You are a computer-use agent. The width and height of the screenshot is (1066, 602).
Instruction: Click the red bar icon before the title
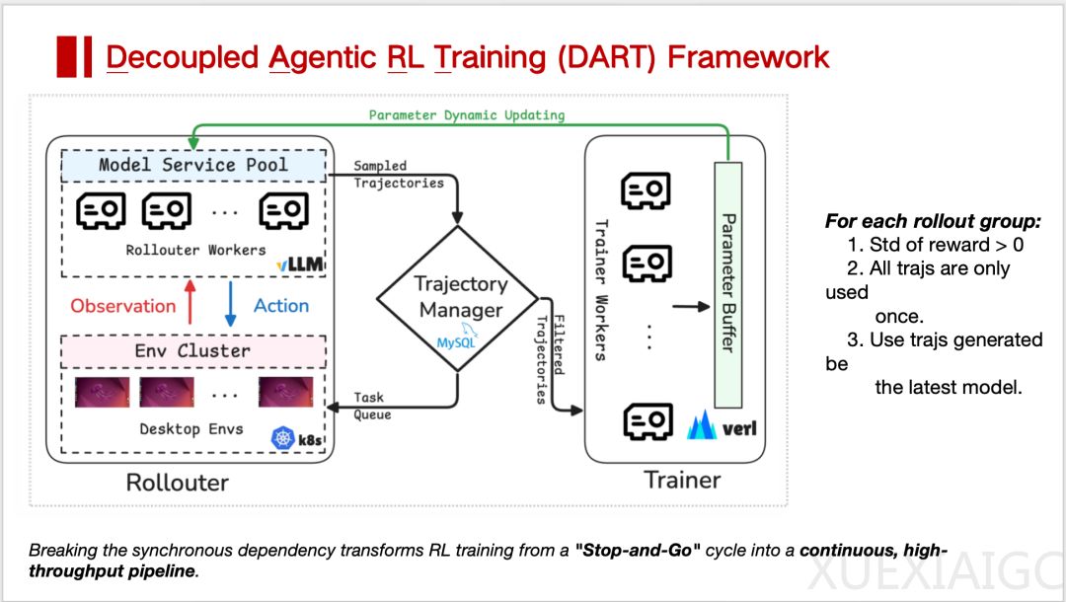pyautogui.click(x=74, y=56)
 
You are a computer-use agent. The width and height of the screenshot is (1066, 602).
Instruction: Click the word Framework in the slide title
pyautogui.click(x=748, y=56)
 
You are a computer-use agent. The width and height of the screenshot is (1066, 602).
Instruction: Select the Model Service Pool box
pyautogui.click(x=192, y=165)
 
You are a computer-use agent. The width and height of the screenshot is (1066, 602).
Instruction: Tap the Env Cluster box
pyautogui.click(x=192, y=351)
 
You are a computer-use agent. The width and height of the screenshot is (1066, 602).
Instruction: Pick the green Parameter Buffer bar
pyautogui.click(x=726, y=282)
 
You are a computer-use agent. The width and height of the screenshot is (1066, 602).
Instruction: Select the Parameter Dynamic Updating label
pyautogui.click(x=467, y=115)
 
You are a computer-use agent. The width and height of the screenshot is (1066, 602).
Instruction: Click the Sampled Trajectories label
pyautogui.click(x=399, y=174)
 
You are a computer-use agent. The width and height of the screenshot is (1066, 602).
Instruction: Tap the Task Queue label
pyautogui.click(x=372, y=406)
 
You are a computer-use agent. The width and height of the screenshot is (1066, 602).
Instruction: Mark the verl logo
pyautogui.click(x=727, y=427)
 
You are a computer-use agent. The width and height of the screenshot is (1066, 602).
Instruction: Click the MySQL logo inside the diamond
pyautogui.click(x=455, y=342)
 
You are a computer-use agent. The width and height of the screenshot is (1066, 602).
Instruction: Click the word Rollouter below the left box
pyautogui.click(x=178, y=483)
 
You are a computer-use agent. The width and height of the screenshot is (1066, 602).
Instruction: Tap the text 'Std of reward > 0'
pyautogui.click(x=938, y=245)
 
